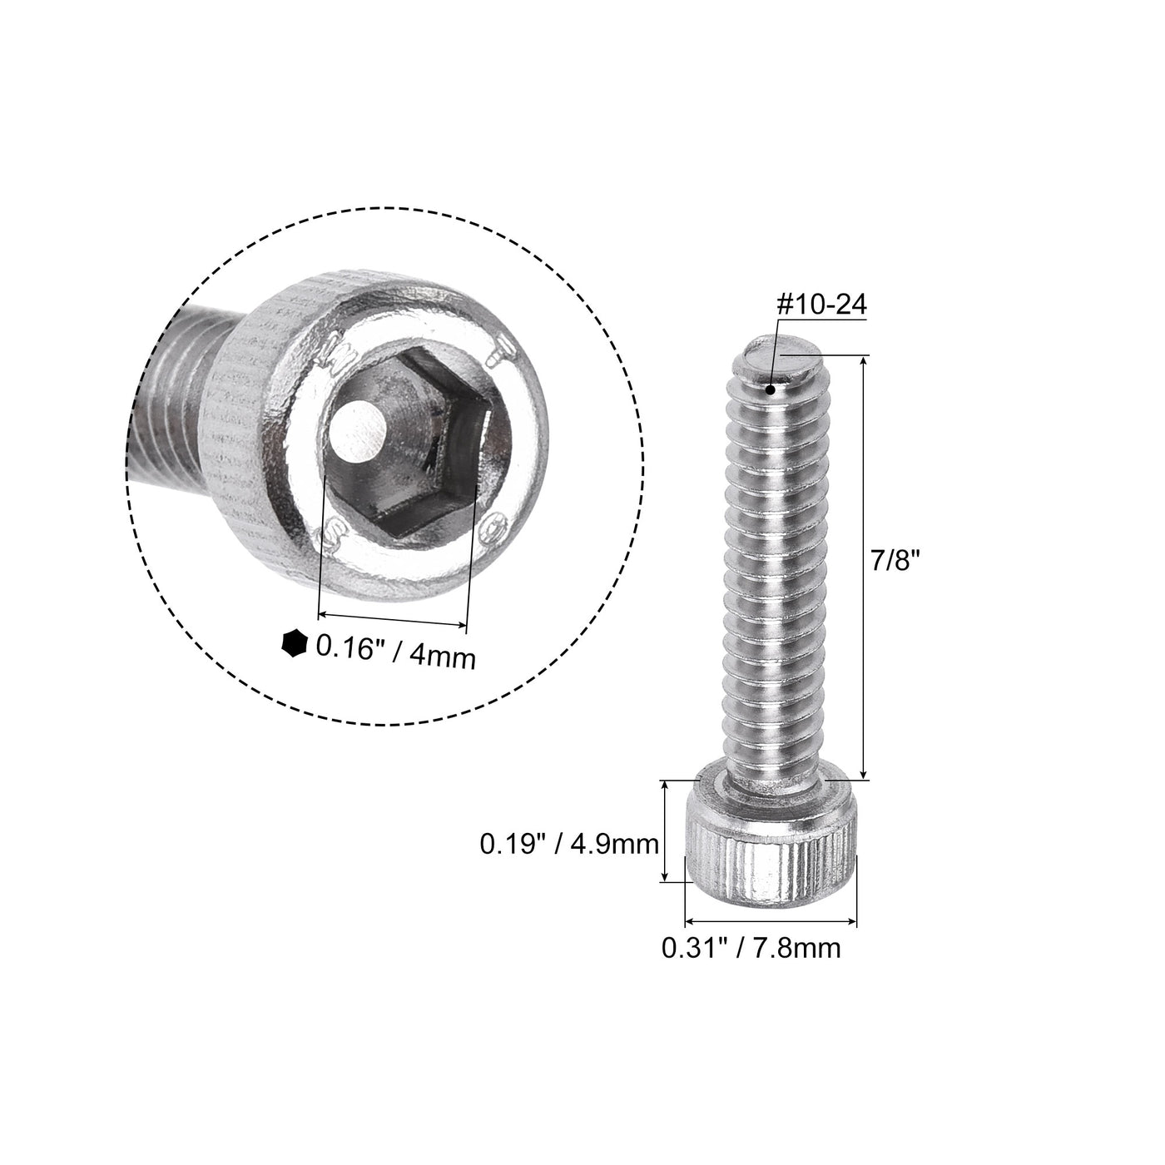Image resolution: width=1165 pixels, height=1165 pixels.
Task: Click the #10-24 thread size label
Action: click(820, 305)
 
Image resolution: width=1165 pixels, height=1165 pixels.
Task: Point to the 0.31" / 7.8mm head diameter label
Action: click(750, 948)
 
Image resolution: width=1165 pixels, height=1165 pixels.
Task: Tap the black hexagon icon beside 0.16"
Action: click(292, 643)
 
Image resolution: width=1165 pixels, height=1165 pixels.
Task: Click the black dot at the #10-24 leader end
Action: click(772, 389)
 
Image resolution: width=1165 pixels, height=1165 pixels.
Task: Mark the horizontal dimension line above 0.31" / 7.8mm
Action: click(770, 921)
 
